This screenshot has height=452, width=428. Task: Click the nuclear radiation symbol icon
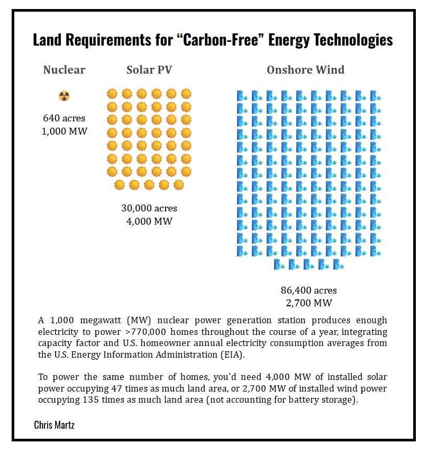tap(64, 96)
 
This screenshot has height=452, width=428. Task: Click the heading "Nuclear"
tap(64, 70)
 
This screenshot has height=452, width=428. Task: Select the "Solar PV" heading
tap(149, 70)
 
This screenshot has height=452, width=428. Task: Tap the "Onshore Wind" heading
tap(305, 70)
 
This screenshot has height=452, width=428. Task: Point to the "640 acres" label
tap(64, 118)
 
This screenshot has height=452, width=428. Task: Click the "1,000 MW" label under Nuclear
tap(64, 131)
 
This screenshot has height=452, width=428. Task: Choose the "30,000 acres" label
tap(149, 208)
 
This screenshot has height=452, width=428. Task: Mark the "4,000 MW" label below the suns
tap(149, 221)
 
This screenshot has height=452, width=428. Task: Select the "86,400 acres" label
tap(308, 290)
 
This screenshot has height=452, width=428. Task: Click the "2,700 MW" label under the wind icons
tap(308, 303)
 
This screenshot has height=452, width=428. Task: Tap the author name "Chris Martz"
tap(54, 425)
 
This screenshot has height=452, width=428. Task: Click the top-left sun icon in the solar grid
tap(112, 94)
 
